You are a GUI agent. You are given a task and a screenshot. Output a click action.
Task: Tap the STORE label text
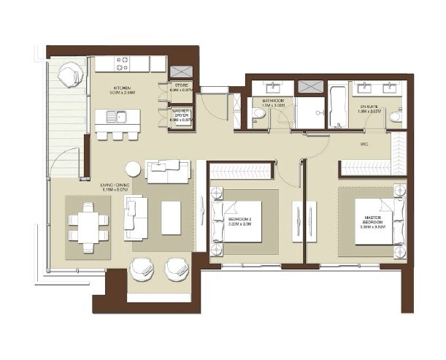click(x=181, y=85)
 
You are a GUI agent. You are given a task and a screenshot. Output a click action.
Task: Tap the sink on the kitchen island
click(x=115, y=116)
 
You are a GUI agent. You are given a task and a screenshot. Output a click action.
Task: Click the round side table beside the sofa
click(x=132, y=169)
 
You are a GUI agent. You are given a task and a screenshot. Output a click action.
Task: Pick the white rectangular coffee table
click(x=171, y=218)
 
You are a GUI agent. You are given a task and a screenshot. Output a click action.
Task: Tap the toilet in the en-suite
click(x=395, y=116)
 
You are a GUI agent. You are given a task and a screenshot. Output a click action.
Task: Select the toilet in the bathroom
click(x=258, y=118)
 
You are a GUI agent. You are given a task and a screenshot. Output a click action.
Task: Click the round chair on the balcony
click(x=72, y=73)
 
